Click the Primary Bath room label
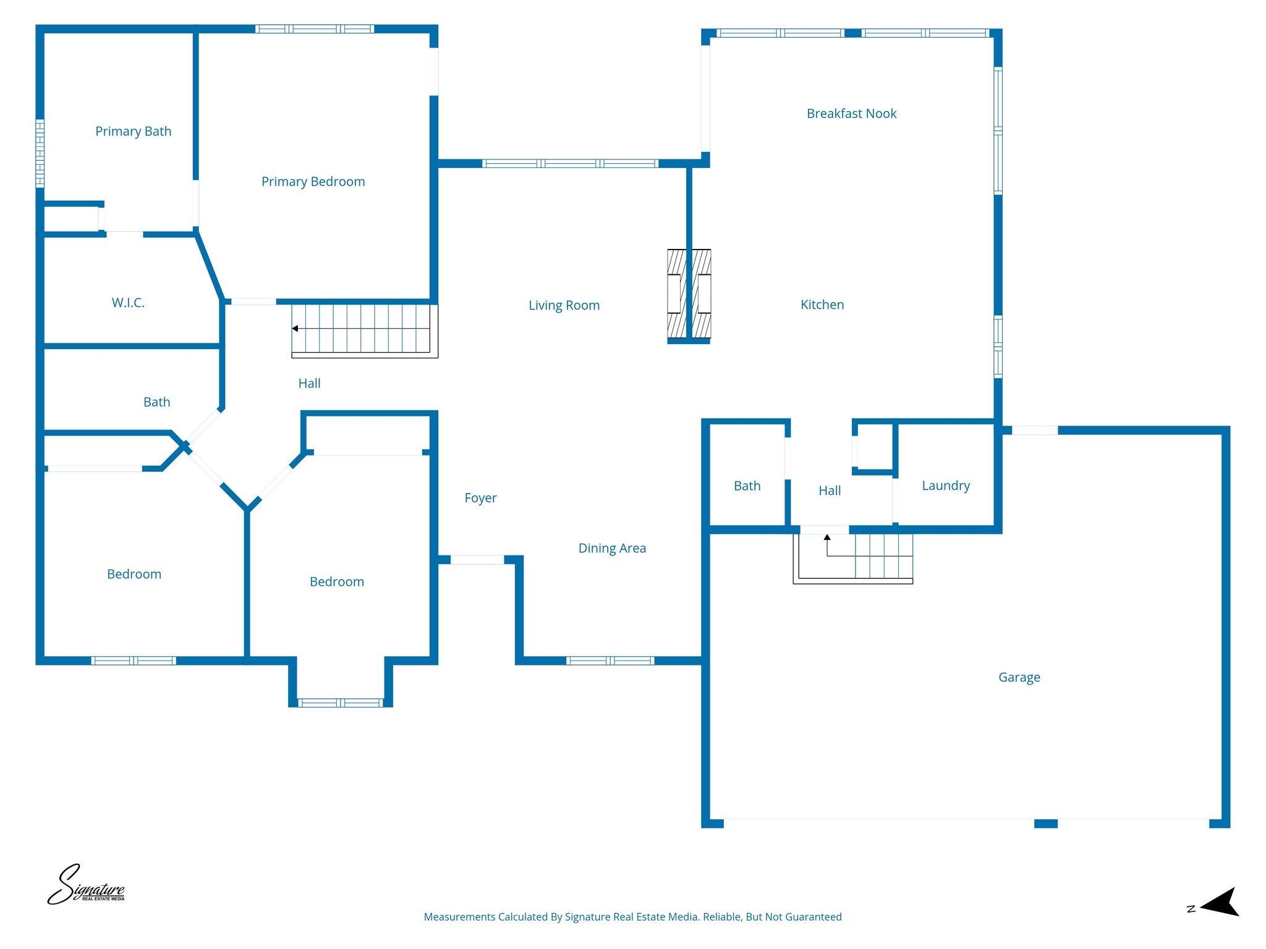[133, 131]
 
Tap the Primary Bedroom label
[313, 182]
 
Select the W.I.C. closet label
[128, 303]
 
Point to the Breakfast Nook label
[851, 114]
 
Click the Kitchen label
[822, 305]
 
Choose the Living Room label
[564, 305]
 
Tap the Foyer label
[480, 498]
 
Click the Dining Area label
[612, 548]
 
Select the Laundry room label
[945, 486]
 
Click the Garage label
[1019, 677]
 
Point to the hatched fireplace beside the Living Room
[689, 295]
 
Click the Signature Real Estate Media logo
[86, 885]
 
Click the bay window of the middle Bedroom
[340, 702]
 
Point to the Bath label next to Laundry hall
[747, 486]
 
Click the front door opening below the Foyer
[477, 560]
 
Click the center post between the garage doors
[1045, 823]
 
